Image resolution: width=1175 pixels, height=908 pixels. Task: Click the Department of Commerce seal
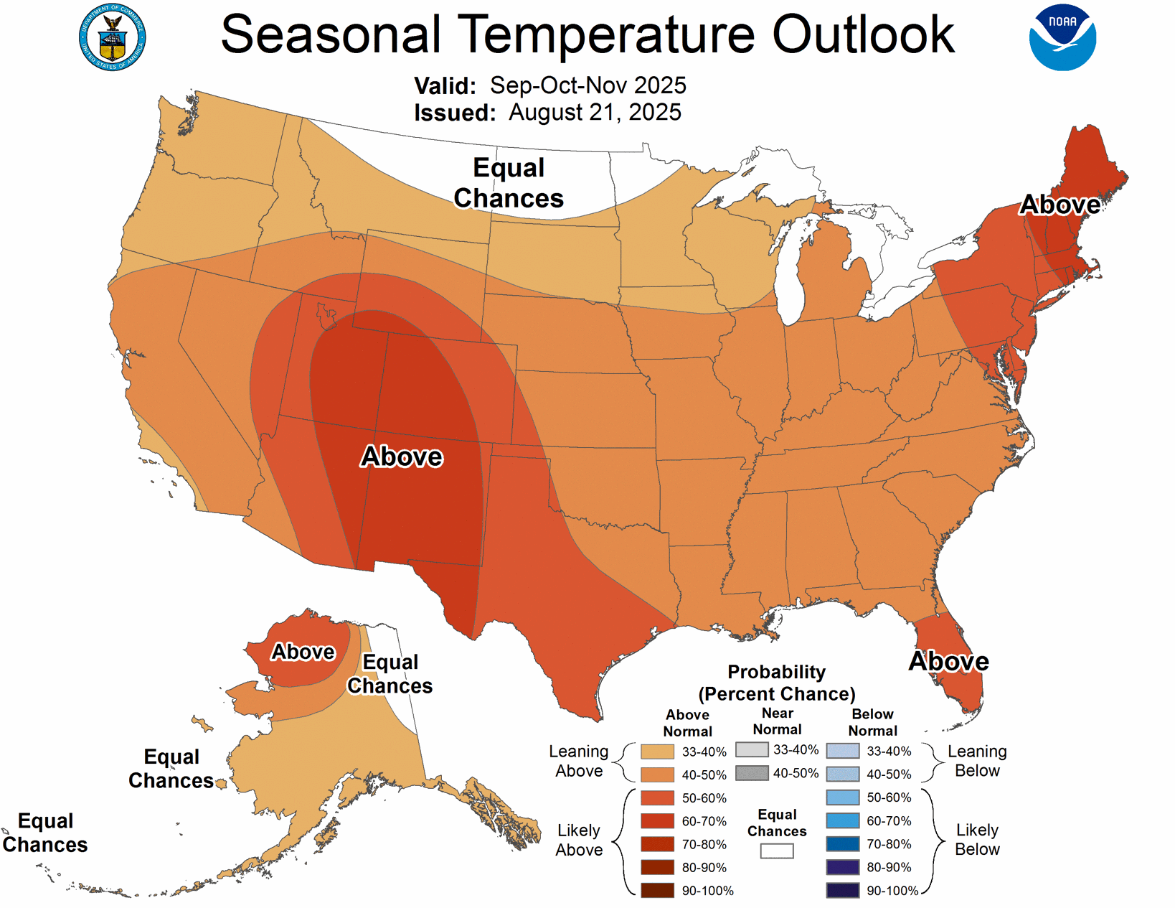pos(112,37)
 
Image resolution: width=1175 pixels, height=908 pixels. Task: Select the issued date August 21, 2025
pos(595,113)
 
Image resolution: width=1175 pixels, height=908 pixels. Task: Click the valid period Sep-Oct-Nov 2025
pos(587,85)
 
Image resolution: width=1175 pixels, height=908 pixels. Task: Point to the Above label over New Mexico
pos(402,457)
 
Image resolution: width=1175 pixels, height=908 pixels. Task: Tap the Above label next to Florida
pos(948,661)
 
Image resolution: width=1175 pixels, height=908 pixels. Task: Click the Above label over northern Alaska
pos(303,652)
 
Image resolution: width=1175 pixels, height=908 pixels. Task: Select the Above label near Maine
pos(1060,205)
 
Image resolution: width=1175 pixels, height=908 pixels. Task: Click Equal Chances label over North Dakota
pos(509,183)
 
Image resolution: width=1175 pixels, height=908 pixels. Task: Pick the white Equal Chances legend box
pos(777,851)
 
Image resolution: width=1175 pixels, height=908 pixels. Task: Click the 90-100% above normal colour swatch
pos(657,891)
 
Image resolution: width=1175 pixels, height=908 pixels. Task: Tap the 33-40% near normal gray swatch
pos(752,749)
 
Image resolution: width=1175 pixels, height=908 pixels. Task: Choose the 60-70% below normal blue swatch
pos(842,820)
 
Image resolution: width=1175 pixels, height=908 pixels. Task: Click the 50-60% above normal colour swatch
pos(657,797)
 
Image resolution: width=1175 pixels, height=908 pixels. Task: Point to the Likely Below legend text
pos(977,840)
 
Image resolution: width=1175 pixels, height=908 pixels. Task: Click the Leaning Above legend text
pos(579,761)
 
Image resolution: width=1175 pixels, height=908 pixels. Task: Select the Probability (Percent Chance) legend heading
pos(777,683)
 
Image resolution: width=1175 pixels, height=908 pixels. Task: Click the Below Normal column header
pos(872,722)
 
